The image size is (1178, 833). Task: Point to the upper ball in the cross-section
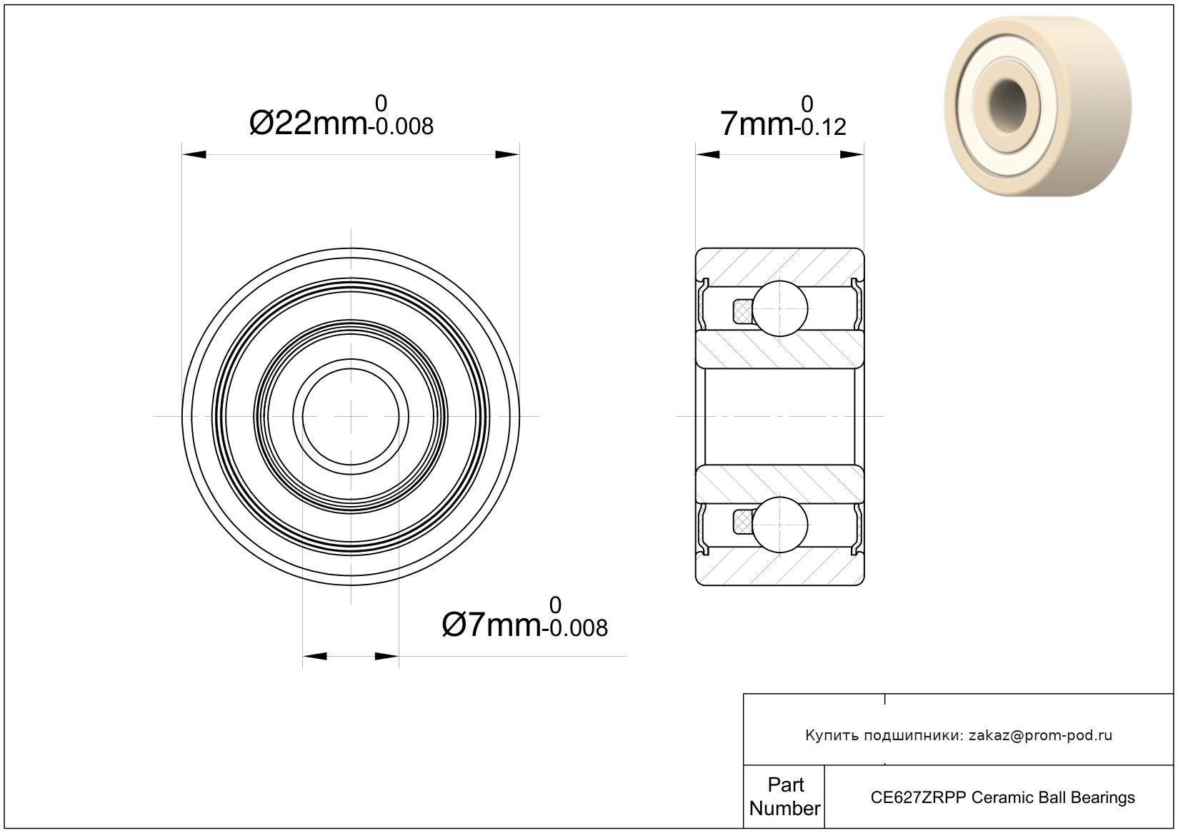tap(780, 308)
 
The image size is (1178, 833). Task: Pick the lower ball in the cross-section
tap(780, 525)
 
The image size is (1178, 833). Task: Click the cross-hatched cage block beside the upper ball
tap(742, 311)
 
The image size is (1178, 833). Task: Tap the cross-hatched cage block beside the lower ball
tap(742, 522)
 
